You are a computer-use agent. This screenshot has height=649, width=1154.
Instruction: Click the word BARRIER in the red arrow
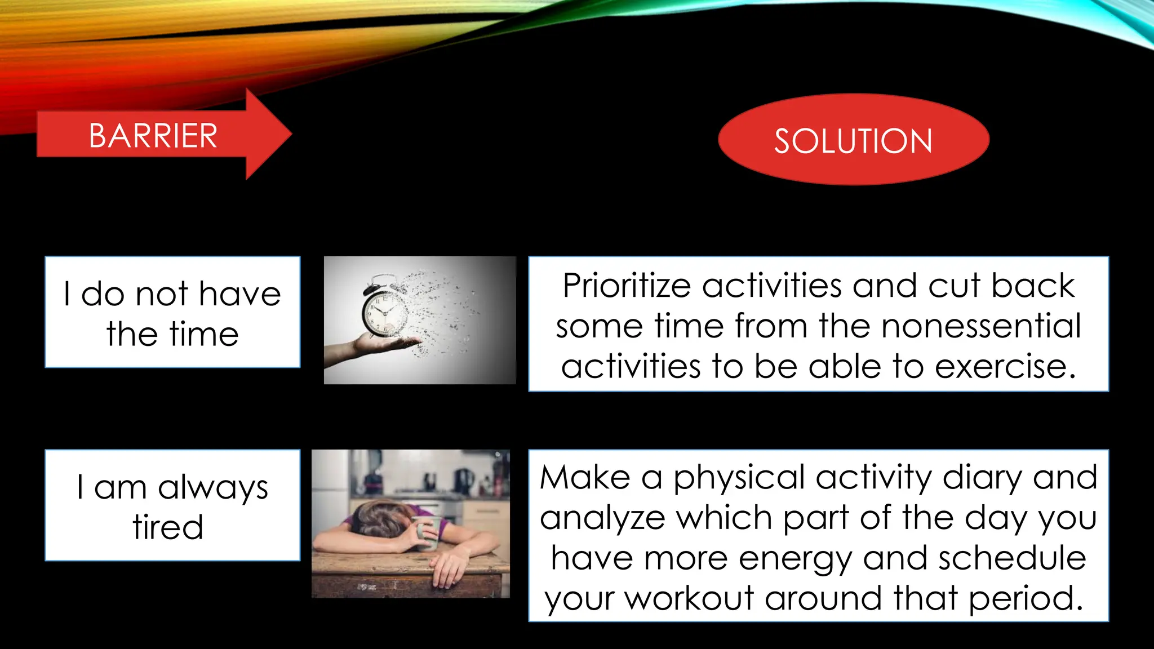pyautogui.click(x=153, y=136)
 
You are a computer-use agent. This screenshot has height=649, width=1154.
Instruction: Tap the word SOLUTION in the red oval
pyautogui.click(x=853, y=141)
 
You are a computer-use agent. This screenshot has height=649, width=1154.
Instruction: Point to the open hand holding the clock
pyautogui.click(x=389, y=343)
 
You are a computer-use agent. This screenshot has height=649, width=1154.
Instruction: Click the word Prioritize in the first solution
pyautogui.click(x=626, y=286)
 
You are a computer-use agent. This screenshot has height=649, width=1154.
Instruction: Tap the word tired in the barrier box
pyautogui.click(x=168, y=527)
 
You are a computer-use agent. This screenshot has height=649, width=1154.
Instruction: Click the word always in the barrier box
pyautogui.click(x=212, y=488)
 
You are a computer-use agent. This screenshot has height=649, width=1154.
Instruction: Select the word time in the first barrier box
pyautogui.click(x=204, y=334)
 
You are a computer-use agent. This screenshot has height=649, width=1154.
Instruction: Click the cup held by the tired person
pyautogui.click(x=427, y=532)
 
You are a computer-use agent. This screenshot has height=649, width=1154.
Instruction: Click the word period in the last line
pyautogui.click(x=1026, y=598)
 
